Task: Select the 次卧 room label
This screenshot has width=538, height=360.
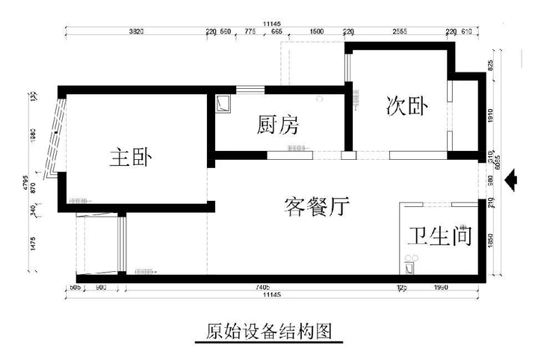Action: coord(406,108)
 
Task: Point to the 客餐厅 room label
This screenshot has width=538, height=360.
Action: coord(318,205)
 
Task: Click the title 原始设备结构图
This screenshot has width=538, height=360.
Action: coord(268,331)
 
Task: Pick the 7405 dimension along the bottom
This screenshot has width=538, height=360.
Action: coord(261,286)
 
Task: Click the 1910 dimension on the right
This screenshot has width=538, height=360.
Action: coord(491,116)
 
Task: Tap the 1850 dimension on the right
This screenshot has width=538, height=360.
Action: coord(491,241)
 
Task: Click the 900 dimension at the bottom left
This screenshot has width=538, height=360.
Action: coord(101,286)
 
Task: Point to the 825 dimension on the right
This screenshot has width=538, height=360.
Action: coord(491,66)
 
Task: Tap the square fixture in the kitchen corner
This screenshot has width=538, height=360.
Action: coord(222,103)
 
